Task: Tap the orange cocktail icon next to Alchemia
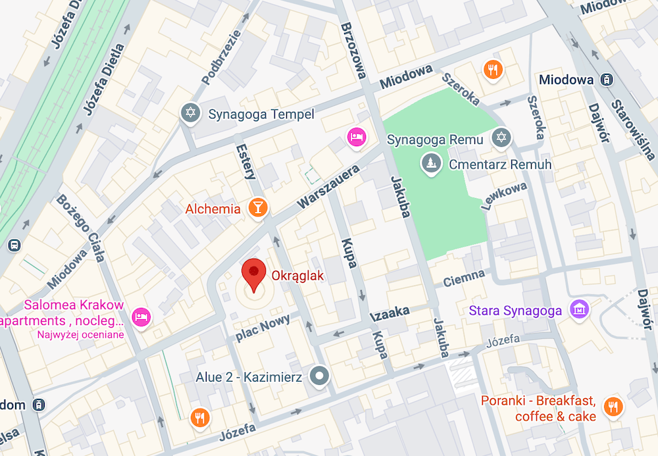259,209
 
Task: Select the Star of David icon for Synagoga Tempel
191,113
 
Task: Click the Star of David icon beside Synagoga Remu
502,138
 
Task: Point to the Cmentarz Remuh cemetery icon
431,163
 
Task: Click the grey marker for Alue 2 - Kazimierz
320,376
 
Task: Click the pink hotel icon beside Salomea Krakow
141,317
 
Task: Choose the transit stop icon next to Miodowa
607,80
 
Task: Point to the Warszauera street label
329,187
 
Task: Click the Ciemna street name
464,278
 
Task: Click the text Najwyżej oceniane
81,334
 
